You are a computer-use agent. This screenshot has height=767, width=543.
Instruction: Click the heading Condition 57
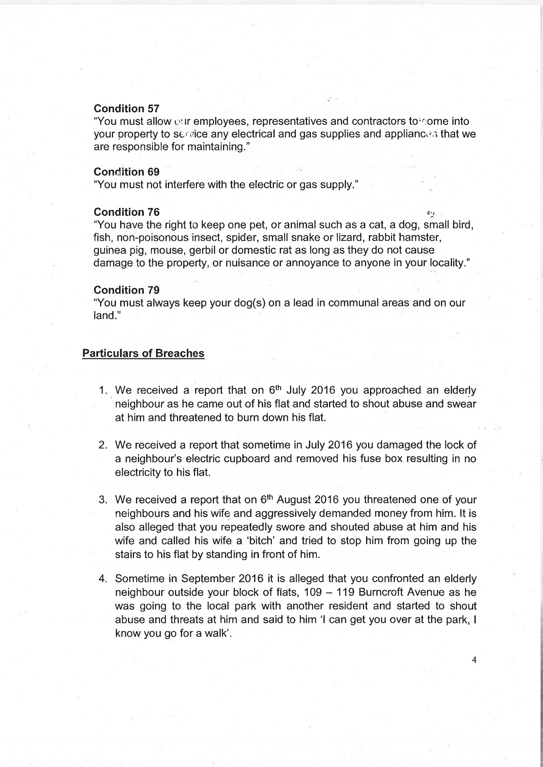pyautogui.click(x=126, y=108)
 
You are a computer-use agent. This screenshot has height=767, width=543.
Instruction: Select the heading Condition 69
pyautogui.click(x=126, y=172)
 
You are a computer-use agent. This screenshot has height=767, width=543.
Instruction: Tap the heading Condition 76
pyautogui.click(x=126, y=212)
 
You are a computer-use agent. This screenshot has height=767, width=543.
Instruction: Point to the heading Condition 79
pyautogui.click(x=126, y=290)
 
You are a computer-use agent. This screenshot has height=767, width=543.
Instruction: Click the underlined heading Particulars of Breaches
pyautogui.click(x=143, y=353)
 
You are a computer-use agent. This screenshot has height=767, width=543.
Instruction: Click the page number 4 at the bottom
pyautogui.click(x=474, y=660)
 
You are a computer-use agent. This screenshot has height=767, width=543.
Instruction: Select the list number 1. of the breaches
pyautogui.click(x=103, y=391)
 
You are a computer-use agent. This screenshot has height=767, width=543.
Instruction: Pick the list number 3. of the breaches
pyautogui.click(x=103, y=500)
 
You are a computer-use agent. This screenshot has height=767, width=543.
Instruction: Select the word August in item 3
pyautogui.click(x=294, y=500)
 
